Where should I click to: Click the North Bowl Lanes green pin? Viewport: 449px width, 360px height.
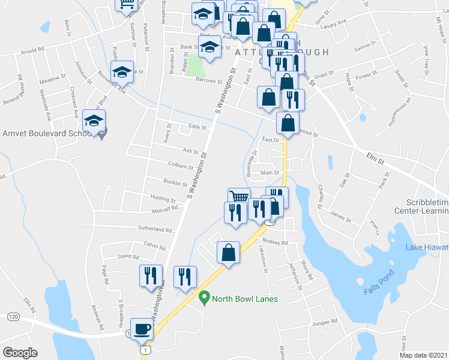pyautogui.click(x=204, y=297)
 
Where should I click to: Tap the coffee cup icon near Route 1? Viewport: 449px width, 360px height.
pyautogui.click(x=142, y=329)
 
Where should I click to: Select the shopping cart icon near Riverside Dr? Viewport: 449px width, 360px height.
pyautogui.click(x=239, y=197)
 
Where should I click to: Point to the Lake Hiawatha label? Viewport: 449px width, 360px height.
pyautogui.click(x=427, y=247)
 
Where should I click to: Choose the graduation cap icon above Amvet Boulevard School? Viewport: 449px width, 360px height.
pyautogui.click(x=94, y=121)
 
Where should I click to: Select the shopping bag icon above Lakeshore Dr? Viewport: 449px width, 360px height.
pyautogui.click(x=228, y=253)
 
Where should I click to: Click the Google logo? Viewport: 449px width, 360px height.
pyautogui.click(x=20, y=353)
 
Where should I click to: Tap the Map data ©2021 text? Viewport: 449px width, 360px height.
pyautogui.click(x=423, y=355)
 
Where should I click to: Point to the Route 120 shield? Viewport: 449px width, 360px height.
pyautogui.click(x=13, y=316)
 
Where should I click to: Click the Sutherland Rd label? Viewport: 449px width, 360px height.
pyautogui.click(x=155, y=229)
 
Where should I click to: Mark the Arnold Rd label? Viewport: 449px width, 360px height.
pyautogui.click(x=33, y=50)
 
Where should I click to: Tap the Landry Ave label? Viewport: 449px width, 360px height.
pyautogui.click(x=334, y=23)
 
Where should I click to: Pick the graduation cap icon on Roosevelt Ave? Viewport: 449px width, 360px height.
pyautogui.click(x=122, y=73)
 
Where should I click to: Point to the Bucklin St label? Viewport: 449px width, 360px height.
pyautogui.click(x=175, y=182)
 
